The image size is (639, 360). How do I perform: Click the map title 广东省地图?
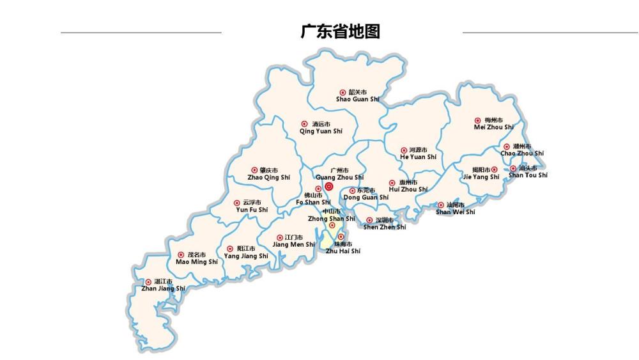click(340, 31)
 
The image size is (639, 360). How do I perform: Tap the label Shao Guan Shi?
click(357, 99)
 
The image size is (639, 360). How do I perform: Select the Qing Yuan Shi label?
click(321, 131)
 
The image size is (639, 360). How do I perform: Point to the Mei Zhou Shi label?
click(493, 127)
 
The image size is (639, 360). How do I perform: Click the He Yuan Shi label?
click(418, 157)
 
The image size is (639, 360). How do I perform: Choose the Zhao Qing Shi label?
click(268, 177)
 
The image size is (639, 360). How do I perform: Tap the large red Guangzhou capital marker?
click(329, 187)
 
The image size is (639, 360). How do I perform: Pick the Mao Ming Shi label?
click(196, 262)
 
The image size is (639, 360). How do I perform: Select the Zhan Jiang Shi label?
click(163, 288)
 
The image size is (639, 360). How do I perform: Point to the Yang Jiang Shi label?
click(246, 256)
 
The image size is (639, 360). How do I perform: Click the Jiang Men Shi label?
click(293, 244)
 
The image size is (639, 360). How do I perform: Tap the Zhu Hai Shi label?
click(343, 251)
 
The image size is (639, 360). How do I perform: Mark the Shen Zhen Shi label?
click(384, 227)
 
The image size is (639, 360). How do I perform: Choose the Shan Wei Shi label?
click(455, 212)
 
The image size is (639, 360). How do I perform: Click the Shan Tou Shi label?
click(528, 175)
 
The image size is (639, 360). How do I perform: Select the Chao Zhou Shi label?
click(522, 153)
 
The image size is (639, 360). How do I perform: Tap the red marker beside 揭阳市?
click(494, 169)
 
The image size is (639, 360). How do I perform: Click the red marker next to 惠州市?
click(392, 183)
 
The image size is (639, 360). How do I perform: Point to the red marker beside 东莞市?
click(352, 191)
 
